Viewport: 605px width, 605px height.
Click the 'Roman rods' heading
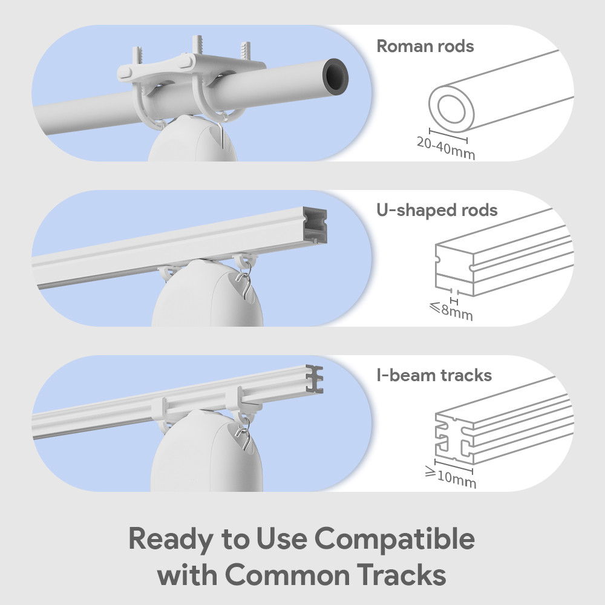(425, 47)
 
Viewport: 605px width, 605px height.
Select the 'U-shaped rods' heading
(437, 211)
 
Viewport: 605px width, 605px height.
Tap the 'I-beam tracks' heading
(434, 375)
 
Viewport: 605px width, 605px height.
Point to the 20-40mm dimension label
(446, 148)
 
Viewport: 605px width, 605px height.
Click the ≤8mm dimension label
(451, 312)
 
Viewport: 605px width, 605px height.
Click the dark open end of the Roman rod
(337, 75)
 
